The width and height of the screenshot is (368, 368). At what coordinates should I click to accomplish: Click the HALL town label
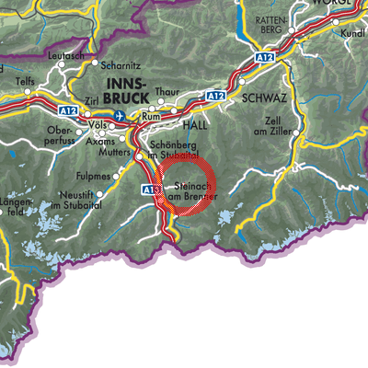pos(196,123)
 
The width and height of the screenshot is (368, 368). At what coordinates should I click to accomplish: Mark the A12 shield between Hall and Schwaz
pos(217,96)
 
